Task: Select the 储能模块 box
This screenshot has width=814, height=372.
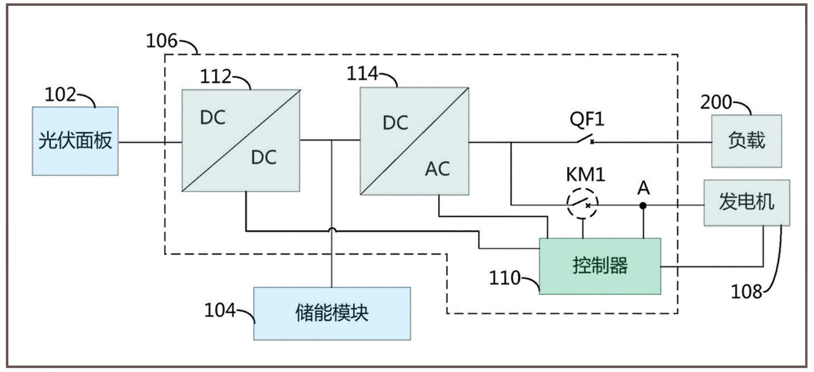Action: point(332,313)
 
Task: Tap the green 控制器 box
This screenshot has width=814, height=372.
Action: point(600,266)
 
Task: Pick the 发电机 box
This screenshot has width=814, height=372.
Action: point(747,203)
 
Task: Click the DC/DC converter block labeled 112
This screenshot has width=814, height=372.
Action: point(242,140)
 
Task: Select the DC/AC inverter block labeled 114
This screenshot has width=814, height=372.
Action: point(415,140)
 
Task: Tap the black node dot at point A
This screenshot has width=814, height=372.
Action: point(643,206)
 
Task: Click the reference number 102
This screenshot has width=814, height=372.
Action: point(60,95)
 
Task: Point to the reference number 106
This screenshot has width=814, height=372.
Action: point(162,41)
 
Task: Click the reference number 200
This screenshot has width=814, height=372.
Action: point(715,101)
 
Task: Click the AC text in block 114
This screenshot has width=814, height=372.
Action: point(437,169)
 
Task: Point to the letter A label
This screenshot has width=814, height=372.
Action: point(644,188)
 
